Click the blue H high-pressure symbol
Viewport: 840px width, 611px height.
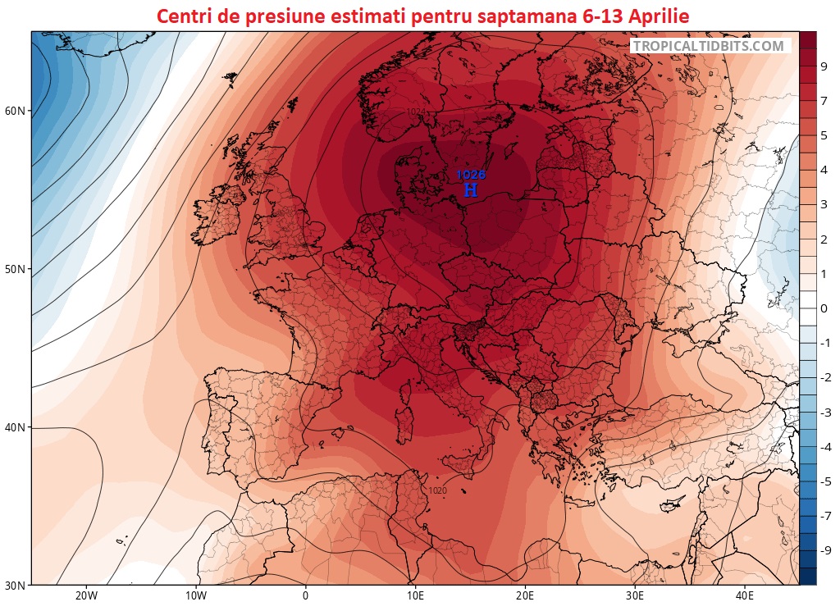pos(470,190)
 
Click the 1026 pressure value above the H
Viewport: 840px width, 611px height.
pos(471,175)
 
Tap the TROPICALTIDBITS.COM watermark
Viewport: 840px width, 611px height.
pos(709,47)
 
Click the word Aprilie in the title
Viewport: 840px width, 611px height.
pos(646,16)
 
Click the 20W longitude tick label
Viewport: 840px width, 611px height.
pos(86,596)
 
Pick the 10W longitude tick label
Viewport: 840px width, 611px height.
pos(195,596)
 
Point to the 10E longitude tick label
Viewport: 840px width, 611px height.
pos(415,596)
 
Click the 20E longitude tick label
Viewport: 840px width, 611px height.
pos(525,596)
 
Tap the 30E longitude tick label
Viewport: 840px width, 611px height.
pos(635,596)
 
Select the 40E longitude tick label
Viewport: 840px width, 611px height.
pos(745,596)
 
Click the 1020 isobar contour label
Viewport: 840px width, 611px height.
pos(437,491)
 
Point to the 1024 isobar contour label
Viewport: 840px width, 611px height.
pos(416,112)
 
